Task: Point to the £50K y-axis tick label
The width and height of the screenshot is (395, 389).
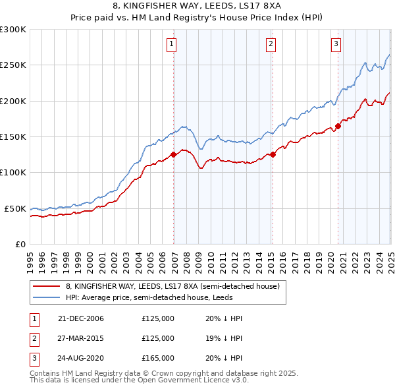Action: tap(14, 208)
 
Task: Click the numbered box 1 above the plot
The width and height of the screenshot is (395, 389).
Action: tap(171, 44)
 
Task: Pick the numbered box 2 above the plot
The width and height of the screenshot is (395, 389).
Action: tap(271, 44)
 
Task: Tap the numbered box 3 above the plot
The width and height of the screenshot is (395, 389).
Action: tap(336, 44)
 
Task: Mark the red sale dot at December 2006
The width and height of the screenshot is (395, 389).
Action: tap(174, 155)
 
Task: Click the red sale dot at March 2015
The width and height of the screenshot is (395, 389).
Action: tap(273, 155)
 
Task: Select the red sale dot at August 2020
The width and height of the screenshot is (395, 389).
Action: tap(338, 126)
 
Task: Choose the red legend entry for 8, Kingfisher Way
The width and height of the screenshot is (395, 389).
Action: tap(172, 286)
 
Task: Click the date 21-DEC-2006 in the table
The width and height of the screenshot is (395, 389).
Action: tap(80, 318)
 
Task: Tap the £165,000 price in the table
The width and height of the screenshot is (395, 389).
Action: tap(158, 358)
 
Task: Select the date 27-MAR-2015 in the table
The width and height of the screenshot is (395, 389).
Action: tap(80, 338)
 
